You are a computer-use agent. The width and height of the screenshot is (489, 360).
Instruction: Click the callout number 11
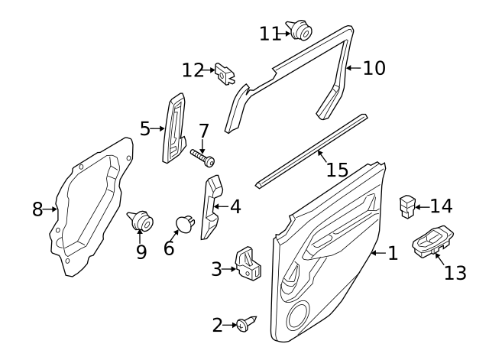tap(270, 34)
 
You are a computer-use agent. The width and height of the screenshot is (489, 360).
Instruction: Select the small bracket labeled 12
tap(225, 74)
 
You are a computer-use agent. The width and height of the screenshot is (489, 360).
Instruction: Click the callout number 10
tap(374, 68)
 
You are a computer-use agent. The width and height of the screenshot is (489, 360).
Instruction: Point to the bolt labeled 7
tap(202, 157)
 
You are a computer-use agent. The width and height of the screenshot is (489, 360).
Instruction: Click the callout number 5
tap(145, 128)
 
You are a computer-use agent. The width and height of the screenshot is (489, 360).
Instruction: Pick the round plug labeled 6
tap(185, 223)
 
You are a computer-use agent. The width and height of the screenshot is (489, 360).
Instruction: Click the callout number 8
tap(37, 209)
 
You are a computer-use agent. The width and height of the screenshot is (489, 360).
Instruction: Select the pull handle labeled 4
tap(212, 206)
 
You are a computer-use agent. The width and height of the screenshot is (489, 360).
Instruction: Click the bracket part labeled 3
tap(248, 263)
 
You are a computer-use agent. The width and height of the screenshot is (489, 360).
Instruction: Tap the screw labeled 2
tap(246, 324)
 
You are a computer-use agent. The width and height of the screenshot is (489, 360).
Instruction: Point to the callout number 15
tap(337, 170)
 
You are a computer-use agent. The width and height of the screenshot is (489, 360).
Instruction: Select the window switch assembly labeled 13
tap(433, 242)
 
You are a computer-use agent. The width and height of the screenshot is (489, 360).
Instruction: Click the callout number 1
tap(393, 253)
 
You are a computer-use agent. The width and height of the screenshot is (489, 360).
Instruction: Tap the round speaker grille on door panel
tap(298, 316)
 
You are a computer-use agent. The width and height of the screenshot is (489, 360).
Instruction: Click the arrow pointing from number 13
tap(440, 259)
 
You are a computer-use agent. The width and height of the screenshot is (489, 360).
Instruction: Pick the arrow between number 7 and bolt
tap(202, 147)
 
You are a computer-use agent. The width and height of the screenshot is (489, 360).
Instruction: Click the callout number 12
tap(193, 70)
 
